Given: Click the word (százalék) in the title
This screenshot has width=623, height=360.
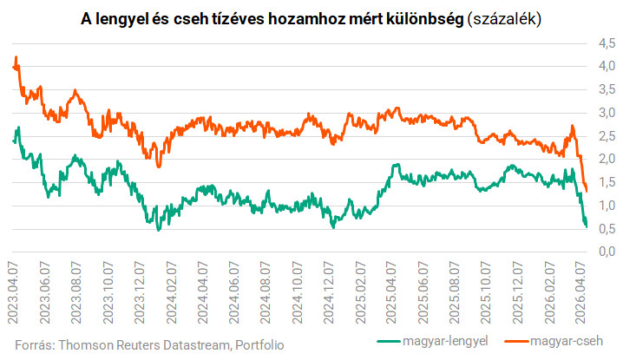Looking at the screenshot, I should pos(502,17).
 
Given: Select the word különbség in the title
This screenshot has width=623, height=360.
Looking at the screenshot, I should pos(420,17).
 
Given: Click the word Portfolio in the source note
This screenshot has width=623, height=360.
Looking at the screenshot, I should pos(259,344).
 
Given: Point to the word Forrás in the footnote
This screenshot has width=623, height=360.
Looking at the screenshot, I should pos(36,344).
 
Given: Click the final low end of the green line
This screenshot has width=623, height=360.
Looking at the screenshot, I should pos(587,227).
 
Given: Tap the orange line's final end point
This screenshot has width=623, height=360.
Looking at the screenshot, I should pos(587,191).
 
